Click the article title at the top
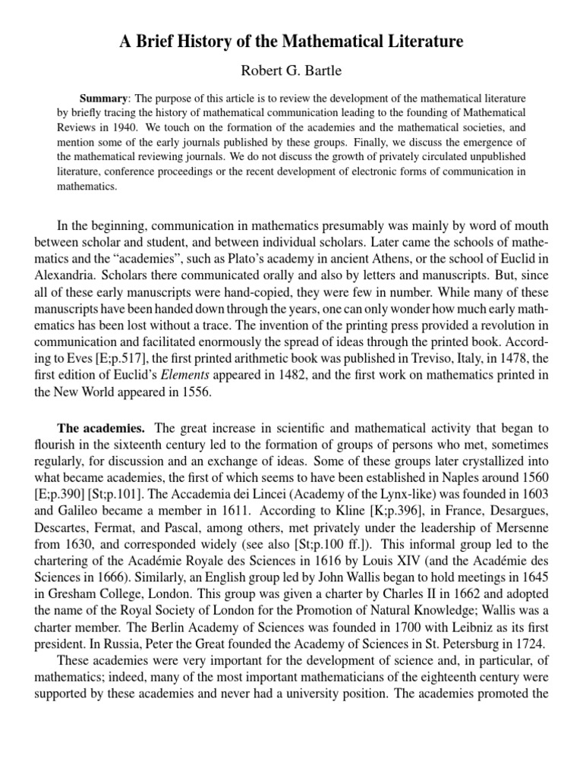point(291,42)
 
